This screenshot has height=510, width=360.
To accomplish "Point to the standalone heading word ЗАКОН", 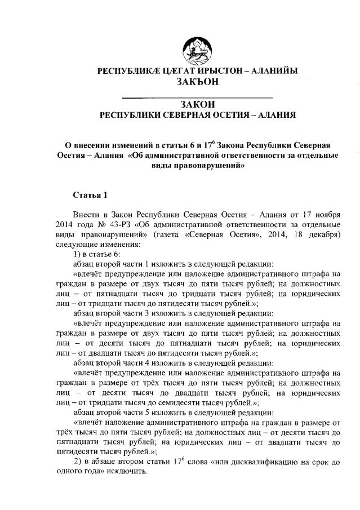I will click(198, 105).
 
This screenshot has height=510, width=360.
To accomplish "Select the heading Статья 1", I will click(90, 195).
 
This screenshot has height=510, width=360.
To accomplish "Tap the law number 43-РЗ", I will click(118, 225).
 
